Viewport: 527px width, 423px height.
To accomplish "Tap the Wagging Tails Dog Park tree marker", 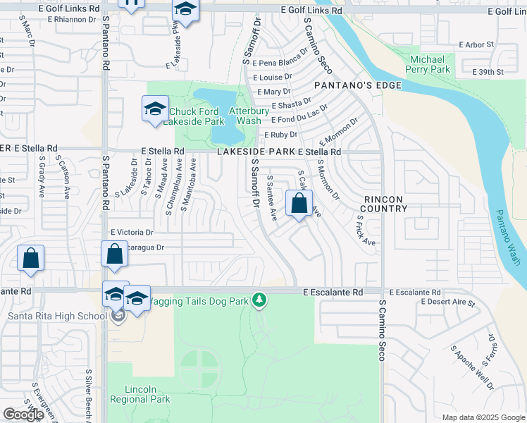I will coord(260,300).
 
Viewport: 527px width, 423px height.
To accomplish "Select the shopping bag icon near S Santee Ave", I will coord(299,204).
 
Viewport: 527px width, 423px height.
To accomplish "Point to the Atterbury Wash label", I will coord(248,116).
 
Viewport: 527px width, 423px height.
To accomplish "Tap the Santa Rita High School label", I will coord(57,316).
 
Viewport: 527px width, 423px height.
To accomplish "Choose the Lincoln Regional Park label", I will coord(140,394).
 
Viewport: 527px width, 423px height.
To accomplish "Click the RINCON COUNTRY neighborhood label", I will coord(383,204).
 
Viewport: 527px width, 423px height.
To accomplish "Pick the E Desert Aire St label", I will coord(447,302).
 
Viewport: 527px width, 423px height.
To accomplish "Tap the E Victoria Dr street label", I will coord(132,232).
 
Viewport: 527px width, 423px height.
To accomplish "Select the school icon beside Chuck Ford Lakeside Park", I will coord(155,109).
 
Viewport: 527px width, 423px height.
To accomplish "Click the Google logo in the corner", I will coord(23,414).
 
